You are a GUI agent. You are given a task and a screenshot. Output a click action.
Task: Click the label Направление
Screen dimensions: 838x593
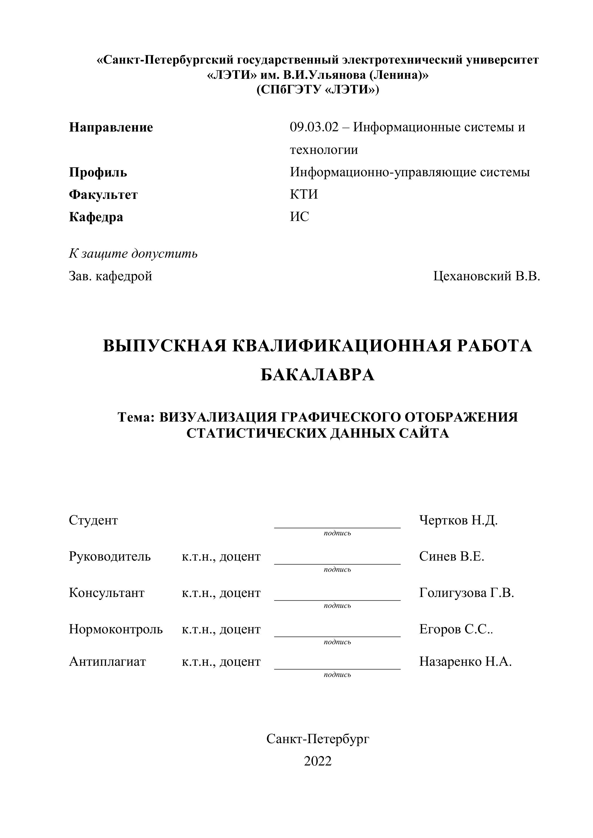tap(111, 127)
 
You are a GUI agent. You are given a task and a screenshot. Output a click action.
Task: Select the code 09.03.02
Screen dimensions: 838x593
tap(314, 127)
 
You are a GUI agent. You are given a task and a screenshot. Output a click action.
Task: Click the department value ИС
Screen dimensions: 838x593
tap(299, 216)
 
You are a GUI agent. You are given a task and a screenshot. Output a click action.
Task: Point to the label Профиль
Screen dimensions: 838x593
tap(98, 172)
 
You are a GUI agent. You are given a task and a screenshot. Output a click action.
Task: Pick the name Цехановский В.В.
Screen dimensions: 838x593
tap(486, 276)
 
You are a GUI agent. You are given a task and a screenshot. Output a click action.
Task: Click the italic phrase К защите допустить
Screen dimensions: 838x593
tap(133, 253)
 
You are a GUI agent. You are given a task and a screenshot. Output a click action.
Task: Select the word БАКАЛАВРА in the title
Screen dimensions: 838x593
tap(318, 375)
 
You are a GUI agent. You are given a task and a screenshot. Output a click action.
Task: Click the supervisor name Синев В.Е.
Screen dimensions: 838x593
tap(451, 556)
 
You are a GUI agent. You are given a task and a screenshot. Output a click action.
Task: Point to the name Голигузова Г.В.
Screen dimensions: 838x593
tap(466, 593)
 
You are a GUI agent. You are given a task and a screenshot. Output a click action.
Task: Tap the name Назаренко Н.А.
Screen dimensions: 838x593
tap(465, 661)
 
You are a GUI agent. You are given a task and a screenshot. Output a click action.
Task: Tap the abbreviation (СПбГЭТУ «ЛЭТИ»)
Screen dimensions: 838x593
tap(318, 90)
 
